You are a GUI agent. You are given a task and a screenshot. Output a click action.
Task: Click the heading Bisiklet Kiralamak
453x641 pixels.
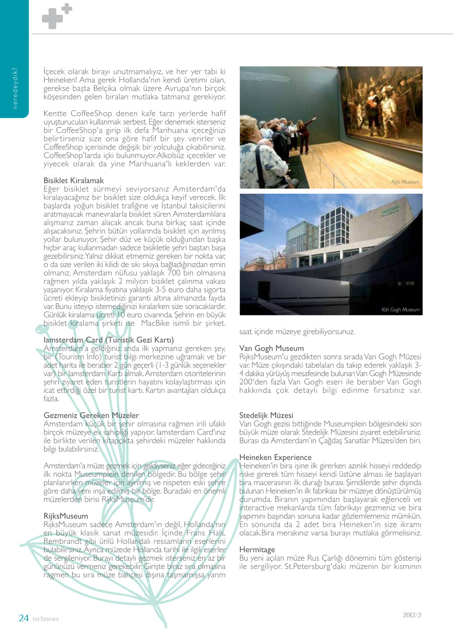tap(74, 180)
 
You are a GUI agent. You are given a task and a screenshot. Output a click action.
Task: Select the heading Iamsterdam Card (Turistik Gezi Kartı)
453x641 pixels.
tap(109, 340)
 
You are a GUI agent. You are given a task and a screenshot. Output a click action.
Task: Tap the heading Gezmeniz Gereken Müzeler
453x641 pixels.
tap(91, 415)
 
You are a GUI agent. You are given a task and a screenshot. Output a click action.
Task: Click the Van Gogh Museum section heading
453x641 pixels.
tap(272, 348)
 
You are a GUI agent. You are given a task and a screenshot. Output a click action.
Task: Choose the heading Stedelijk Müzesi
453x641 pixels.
tap(266, 415)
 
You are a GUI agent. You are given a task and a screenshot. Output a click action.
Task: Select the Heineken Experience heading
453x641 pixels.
tap(275, 457)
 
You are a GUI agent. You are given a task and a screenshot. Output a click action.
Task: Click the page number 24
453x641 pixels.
tap(23, 618)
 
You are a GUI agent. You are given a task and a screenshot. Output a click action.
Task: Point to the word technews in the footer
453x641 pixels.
tap(46, 619)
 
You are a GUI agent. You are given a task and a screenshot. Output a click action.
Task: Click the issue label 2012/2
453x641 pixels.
tap(412, 615)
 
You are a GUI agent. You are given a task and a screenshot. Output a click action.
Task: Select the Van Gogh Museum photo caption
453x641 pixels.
tap(400, 309)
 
